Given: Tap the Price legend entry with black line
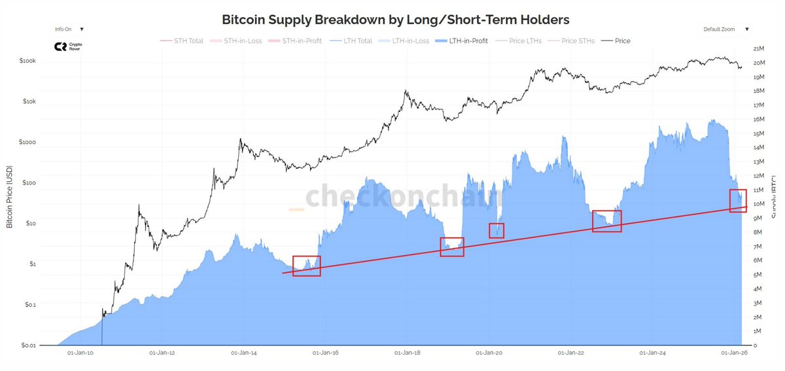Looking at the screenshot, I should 622,41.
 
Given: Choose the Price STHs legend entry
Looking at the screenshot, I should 578,41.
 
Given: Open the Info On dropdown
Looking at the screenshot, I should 69,29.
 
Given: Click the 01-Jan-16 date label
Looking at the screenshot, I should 325,353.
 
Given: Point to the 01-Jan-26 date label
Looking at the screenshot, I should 733,353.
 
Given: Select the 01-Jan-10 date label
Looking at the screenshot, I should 80,353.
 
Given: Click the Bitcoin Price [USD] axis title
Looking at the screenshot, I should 10,197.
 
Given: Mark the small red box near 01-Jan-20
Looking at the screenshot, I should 497,230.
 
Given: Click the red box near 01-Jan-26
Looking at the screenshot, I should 738,200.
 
